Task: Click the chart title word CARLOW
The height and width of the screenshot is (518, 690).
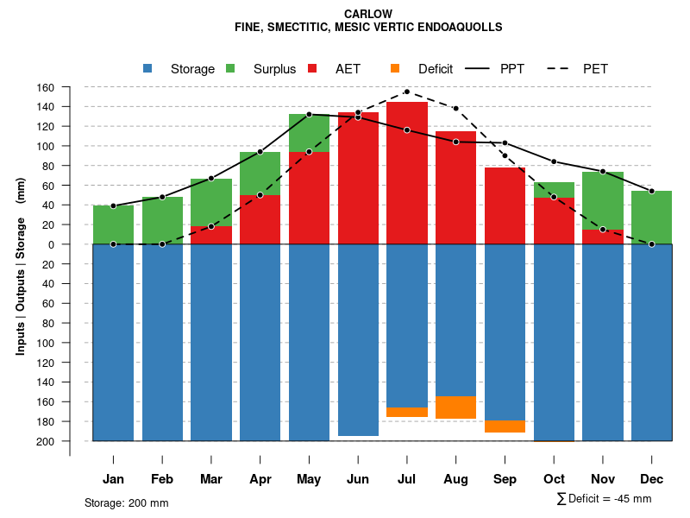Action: coord(367,14)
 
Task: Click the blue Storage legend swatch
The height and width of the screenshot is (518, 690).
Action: coord(147,69)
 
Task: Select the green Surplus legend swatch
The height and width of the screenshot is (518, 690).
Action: coord(230,69)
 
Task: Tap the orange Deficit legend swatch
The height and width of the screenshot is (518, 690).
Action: coord(395,69)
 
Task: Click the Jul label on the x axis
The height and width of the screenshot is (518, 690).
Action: coord(407,479)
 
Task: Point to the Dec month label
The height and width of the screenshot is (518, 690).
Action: coord(652,479)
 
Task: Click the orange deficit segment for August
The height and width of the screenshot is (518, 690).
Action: coord(456,407)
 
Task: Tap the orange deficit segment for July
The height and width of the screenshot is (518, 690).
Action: coord(407,412)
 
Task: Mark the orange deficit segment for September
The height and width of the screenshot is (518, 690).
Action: coord(505,426)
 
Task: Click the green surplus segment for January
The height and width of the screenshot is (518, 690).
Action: coord(113,224)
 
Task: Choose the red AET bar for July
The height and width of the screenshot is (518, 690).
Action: coord(407,173)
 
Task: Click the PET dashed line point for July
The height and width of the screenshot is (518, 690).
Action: coord(407,92)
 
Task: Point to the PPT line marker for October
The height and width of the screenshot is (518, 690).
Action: coord(554,161)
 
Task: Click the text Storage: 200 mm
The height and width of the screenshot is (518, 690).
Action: coord(127,502)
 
